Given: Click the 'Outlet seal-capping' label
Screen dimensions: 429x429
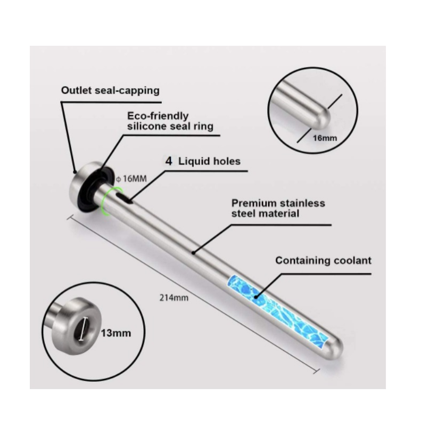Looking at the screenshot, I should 110,90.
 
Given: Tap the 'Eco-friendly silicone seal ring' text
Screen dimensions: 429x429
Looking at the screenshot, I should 170,121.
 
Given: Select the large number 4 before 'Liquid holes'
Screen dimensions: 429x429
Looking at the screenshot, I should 169,161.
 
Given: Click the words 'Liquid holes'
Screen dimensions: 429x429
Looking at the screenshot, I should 210,161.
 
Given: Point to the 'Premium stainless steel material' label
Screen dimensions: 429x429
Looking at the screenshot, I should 278,208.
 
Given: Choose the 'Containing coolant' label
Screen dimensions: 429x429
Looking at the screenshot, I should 323,260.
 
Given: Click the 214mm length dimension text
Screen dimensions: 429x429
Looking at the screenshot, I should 175,298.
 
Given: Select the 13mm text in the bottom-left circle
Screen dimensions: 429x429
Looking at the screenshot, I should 116,334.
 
